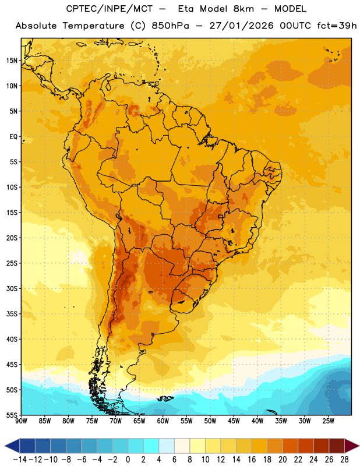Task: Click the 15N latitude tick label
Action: click(x=12, y=61)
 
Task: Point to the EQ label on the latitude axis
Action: click(x=13, y=137)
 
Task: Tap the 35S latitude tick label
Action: click(x=12, y=314)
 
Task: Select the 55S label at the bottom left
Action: click(x=12, y=415)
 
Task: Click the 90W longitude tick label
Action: click(x=21, y=421)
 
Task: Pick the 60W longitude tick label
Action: click(x=163, y=421)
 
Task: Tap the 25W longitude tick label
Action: click(x=328, y=421)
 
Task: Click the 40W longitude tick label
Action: click(x=257, y=421)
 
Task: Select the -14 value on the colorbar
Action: click(x=20, y=460)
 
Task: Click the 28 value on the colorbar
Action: click(x=345, y=460)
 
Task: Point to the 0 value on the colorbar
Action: click(x=128, y=460)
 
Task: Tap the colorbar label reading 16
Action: click(x=252, y=460)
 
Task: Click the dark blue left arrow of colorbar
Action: click(x=12, y=446)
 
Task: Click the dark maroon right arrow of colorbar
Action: click(x=352, y=446)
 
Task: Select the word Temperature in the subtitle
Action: click(x=93, y=26)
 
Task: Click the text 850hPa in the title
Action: click(x=170, y=26)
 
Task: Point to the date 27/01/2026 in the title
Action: click(x=241, y=26)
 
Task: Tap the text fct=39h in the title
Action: click(x=337, y=26)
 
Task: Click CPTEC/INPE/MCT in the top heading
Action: click(x=110, y=9)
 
